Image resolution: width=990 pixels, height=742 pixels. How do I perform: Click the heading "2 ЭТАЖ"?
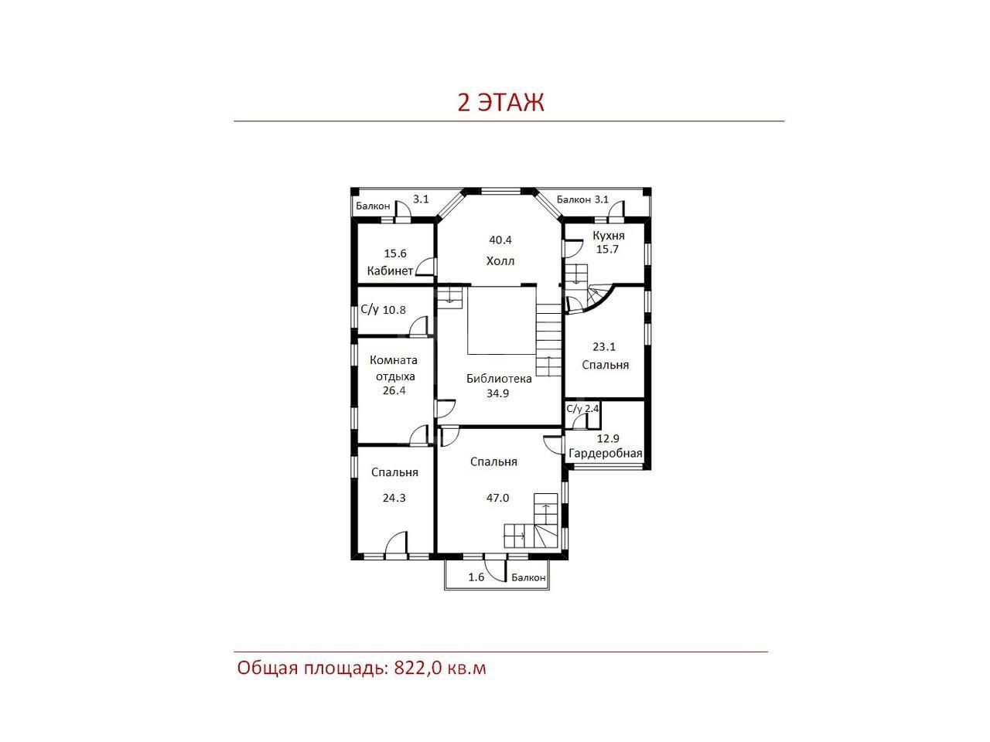[500, 102]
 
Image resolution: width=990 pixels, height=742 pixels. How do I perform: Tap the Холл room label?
[500, 260]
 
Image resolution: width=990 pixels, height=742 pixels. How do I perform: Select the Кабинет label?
[390, 271]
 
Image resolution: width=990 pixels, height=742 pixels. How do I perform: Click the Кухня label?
[609, 236]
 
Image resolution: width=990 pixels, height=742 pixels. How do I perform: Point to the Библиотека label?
[499, 379]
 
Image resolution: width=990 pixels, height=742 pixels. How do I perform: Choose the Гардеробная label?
[606, 453]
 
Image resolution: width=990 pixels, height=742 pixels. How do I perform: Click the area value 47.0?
[497, 498]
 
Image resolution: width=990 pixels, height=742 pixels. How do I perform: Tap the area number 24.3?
[394, 498]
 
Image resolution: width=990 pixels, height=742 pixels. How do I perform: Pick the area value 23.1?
[604, 346]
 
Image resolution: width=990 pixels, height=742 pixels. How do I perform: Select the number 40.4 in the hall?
[500, 240]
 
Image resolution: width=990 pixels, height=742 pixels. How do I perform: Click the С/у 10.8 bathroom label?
[383, 309]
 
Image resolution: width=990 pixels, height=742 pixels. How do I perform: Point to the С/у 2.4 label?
[582, 409]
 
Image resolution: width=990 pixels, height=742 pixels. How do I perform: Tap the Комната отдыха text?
[394, 368]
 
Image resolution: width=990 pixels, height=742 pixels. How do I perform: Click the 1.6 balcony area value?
[476, 577]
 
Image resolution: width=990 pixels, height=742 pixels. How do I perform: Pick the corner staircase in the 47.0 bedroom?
[531, 520]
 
